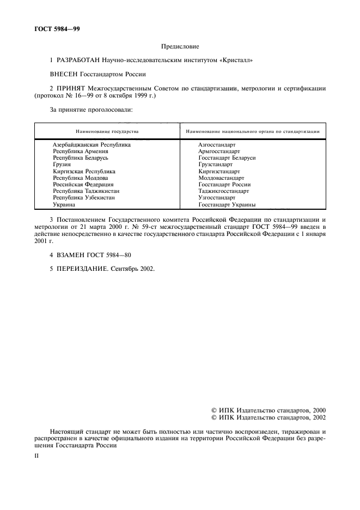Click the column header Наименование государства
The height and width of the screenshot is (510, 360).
click(107, 132)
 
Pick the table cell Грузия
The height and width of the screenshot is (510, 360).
click(62, 165)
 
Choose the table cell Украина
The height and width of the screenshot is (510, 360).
click(64, 205)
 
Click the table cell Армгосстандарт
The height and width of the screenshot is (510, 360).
click(219, 151)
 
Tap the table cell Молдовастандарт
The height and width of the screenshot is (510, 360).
click(222, 178)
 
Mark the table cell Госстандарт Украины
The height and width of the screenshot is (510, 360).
click(227, 205)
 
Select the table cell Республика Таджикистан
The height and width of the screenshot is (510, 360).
click(86, 192)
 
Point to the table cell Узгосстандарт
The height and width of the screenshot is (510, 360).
click(217, 198)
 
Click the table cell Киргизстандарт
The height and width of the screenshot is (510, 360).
click(219, 172)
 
